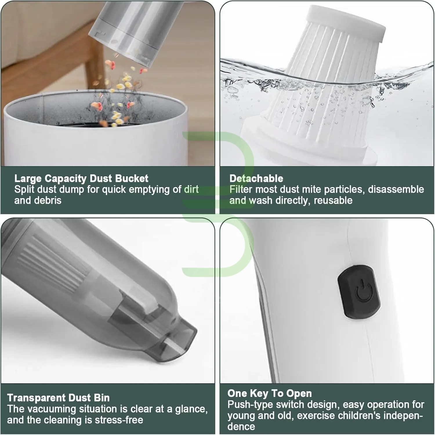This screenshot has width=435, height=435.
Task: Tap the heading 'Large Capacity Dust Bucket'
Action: point(81,178)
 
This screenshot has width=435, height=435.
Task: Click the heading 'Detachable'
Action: point(256,178)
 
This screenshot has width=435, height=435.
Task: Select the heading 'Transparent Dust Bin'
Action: point(58,398)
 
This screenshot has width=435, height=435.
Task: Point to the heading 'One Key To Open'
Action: point(269,393)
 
